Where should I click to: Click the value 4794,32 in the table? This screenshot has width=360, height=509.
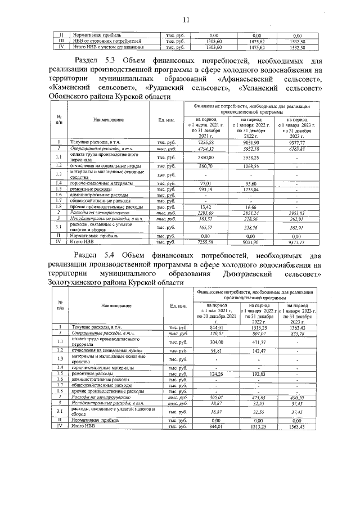point(202,149)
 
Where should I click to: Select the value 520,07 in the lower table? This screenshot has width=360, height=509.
point(217,334)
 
